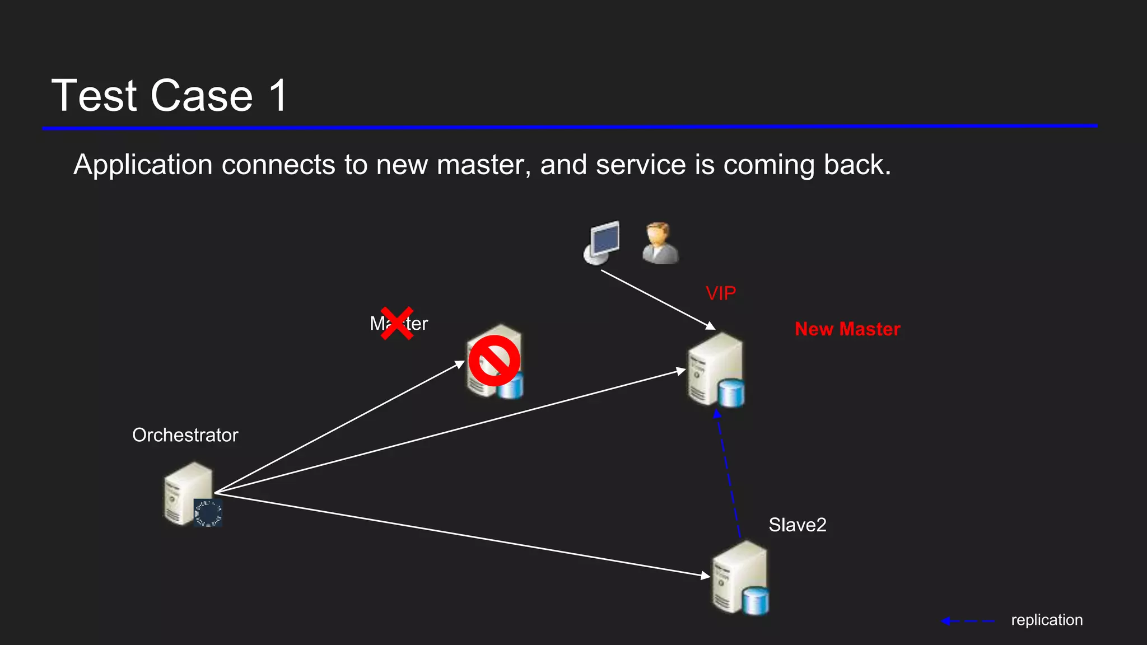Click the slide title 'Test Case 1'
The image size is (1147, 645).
click(169, 96)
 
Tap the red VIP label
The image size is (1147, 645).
click(720, 293)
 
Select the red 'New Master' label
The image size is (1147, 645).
click(847, 329)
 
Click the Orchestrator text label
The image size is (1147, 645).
click(185, 435)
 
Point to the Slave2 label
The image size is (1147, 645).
click(797, 525)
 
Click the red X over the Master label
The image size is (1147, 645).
click(397, 323)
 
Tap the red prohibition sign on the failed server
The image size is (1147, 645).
click(494, 361)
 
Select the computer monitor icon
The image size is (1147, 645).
click(602, 242)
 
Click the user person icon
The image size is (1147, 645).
click(660, 243)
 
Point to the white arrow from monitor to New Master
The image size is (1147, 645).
click(658, 300)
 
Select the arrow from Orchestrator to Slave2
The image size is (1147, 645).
click(459, 534)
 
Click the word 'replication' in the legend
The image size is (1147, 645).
click(1046, 620)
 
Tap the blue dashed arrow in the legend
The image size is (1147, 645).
click(968, 621)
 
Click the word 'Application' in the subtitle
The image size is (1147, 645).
click(143, 165)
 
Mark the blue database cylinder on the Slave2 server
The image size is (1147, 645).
click(756, 601)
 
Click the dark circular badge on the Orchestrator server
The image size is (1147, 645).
click(208, 513)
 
